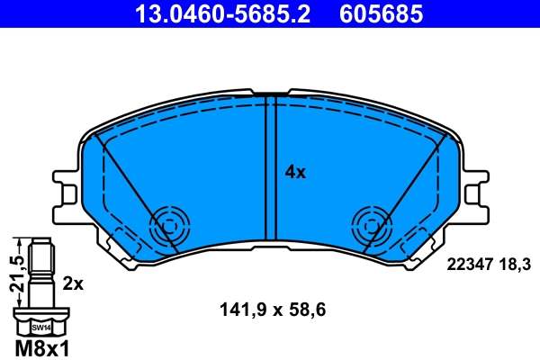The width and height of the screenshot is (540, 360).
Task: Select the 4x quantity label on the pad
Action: (x=295, y=171)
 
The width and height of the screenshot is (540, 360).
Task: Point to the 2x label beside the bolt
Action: (x=73, y=283)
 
